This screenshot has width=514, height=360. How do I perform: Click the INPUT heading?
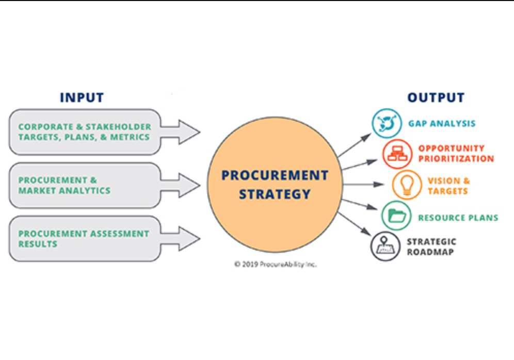coord(82,97)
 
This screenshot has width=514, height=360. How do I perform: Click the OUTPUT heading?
coord(436,97)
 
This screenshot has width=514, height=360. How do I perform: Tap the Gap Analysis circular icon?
coord(387,123)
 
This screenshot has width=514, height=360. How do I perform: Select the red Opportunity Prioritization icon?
coord(397,154)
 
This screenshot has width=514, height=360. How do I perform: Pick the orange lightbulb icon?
coord(407,185)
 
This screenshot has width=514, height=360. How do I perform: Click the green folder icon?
coord(396,216)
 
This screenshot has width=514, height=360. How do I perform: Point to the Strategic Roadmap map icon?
coord(385,247)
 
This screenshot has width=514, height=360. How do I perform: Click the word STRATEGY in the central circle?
coord(275,194)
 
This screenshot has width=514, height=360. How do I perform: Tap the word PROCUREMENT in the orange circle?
coord(275,175)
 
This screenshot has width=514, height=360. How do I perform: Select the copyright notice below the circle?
coord(276,265)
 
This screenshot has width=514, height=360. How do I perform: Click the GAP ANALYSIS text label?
coord(442,123)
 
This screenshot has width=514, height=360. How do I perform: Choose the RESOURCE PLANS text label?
coord(458,218)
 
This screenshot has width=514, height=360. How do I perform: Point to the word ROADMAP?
coord(430,252)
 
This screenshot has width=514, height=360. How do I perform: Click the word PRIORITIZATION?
coord(456,159)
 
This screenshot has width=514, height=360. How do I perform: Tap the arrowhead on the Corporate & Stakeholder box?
coord(189,132)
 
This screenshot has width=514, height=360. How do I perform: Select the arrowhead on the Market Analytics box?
coord(189,185)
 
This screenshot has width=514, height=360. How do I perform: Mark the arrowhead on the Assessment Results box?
coord(189,238)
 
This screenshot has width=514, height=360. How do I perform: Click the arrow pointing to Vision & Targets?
coord(363,185)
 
